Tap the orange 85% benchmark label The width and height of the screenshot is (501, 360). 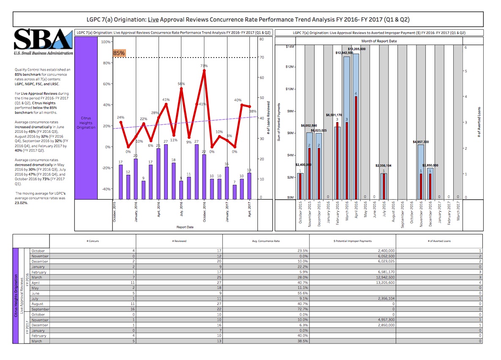[x=119, y=53]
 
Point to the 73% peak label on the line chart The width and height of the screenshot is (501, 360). [x=204, y=66]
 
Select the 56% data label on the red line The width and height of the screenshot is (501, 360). [x=181, y=84]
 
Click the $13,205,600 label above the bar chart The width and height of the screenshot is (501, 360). [x=356, y=49]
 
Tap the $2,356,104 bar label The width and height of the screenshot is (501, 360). [x=383, y=165]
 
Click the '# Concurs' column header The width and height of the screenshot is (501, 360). [x=93, y=241]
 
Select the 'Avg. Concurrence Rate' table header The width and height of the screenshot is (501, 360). [x=266, y=241]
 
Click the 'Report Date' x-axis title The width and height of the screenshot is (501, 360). [x=185, y=227]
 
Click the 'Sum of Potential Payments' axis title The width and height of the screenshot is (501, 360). [x=279, y=122]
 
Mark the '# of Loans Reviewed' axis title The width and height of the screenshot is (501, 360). [x=268, y=121]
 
